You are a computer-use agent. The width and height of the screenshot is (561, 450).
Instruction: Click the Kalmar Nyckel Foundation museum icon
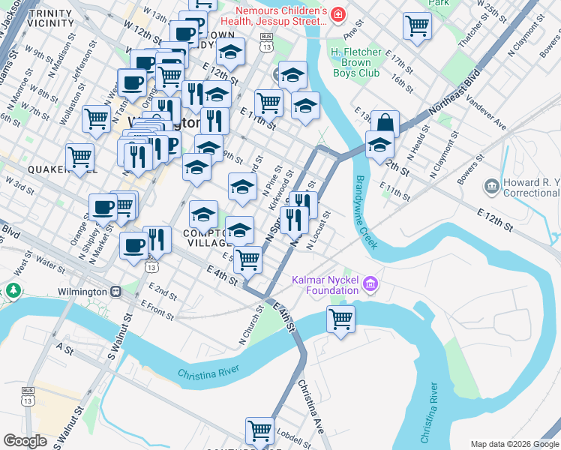[370, 284]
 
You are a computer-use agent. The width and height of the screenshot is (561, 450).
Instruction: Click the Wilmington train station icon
[115, 291]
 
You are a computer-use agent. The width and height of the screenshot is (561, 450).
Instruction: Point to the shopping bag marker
[385, 124]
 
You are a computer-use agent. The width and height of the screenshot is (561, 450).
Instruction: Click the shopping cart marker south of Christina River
[340, 319]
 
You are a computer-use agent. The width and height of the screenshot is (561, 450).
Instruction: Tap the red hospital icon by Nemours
[337, 14]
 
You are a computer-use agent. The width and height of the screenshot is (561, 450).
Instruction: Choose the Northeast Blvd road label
[454, 98]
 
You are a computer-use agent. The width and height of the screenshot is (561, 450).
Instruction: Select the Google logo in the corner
[25, 441]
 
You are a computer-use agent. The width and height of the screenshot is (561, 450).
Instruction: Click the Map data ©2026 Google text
[514, 444]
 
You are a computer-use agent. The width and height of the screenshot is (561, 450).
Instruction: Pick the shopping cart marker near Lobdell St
[259, 430]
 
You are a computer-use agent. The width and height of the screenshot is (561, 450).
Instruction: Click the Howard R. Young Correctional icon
[492, 185]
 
